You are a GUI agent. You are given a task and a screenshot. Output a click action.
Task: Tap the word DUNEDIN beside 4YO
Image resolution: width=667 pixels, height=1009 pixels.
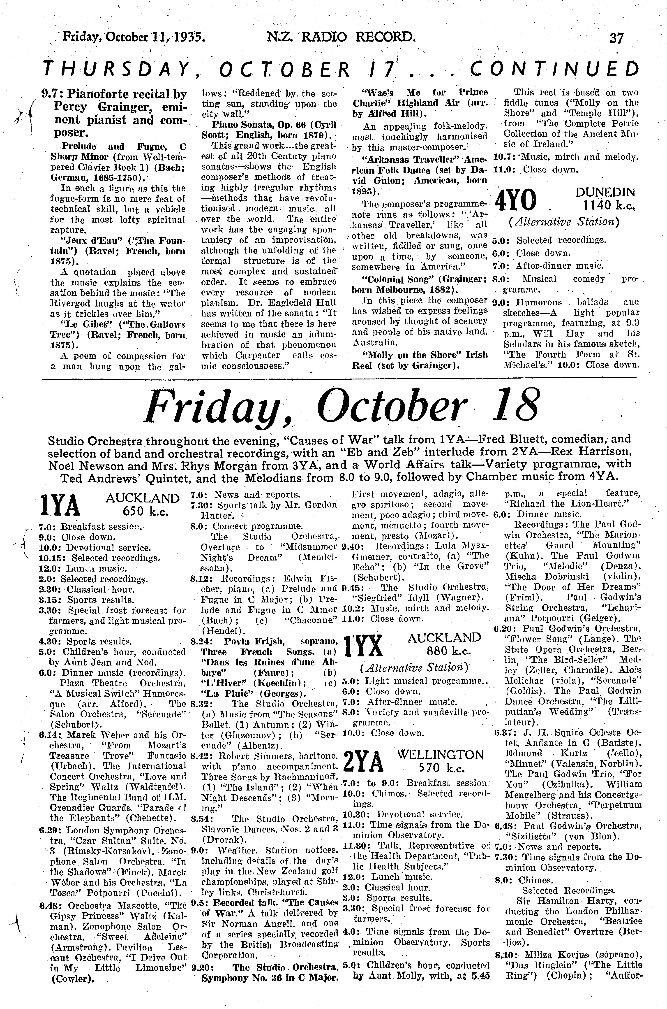pyautogui.click(x=605, y=192)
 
